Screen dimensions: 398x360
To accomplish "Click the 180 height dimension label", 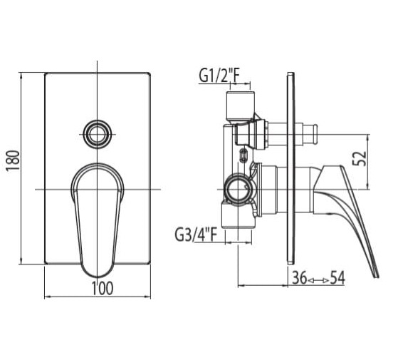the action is pos(13,160).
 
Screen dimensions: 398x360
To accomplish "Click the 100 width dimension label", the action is pos(102,288).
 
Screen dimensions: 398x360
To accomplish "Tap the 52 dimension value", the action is pos(360,158).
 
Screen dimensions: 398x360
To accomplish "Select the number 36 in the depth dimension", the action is pos(300,278).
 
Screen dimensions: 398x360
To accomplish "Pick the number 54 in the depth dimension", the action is pos(337,278).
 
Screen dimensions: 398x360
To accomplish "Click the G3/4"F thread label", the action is pos(196,235).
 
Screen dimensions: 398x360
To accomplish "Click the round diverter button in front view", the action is pos(97,134).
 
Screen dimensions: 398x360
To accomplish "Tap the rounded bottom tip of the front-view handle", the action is pos(97,276).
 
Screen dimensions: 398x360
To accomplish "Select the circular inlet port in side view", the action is pos(238,190).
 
